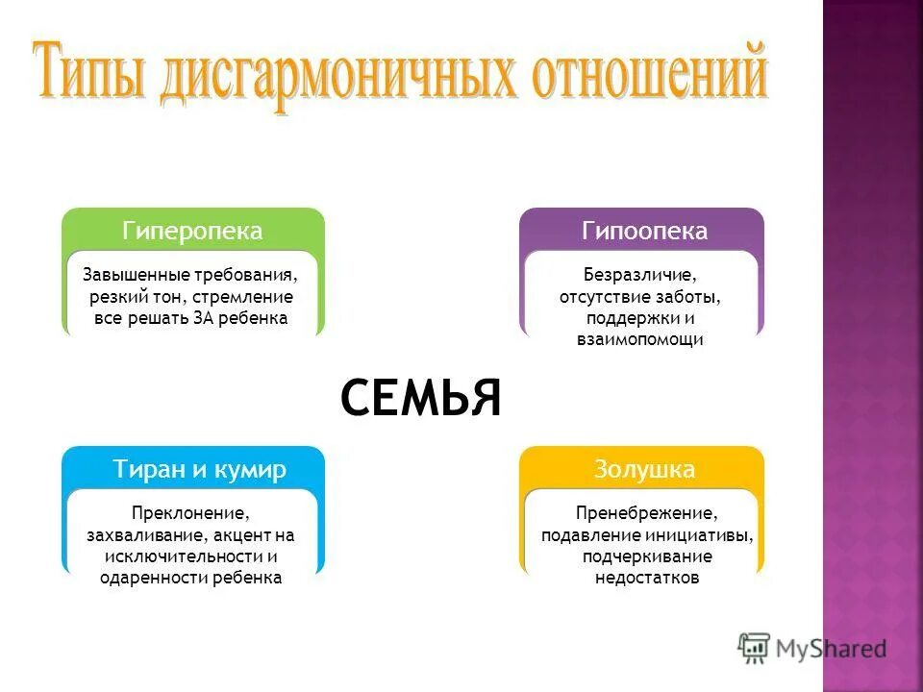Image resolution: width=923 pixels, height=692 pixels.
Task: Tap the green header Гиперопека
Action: pos(192,232)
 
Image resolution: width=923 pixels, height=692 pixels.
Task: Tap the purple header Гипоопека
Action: pos(644,232)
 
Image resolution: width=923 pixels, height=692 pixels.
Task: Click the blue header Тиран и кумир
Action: pos(200,470)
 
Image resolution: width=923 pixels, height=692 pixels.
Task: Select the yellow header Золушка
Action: pos(644,470)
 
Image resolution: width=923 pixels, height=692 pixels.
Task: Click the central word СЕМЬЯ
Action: pos(420,398)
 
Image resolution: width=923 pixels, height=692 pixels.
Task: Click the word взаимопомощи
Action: pos(640,339)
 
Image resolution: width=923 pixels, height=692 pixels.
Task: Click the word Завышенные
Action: pos(127,276)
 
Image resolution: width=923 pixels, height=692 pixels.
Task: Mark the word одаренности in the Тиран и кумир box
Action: pos(145,578)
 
